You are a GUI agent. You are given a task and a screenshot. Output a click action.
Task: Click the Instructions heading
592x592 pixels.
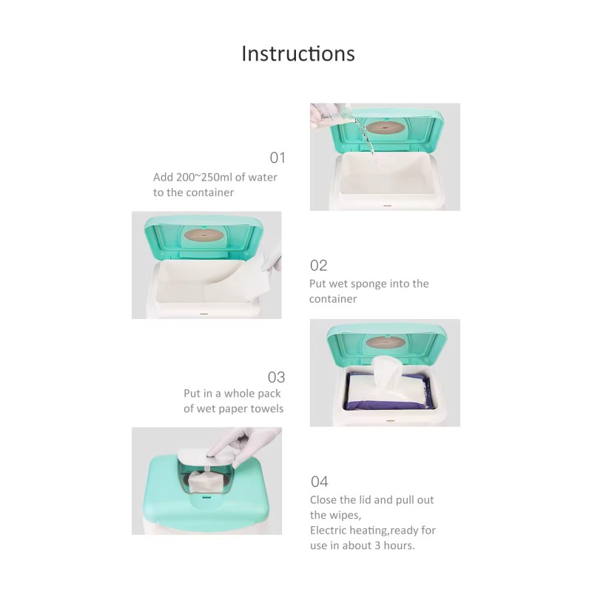point(298,54)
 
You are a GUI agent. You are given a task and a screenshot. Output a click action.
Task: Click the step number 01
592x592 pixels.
point(277,158)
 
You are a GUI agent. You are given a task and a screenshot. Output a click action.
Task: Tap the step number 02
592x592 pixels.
point(318,266)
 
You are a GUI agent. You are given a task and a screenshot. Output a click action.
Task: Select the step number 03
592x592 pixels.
point(276,377)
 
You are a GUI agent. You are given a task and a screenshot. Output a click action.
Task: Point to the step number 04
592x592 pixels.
point(319,482)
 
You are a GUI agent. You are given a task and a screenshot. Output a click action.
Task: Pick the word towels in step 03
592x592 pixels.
point(267,408)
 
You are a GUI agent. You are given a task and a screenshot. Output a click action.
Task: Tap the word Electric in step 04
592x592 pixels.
point(330,531)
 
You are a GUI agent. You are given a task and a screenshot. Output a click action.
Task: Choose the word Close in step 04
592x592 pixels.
point(324,500)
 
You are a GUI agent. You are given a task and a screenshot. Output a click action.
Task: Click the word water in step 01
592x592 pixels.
point(263,178)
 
